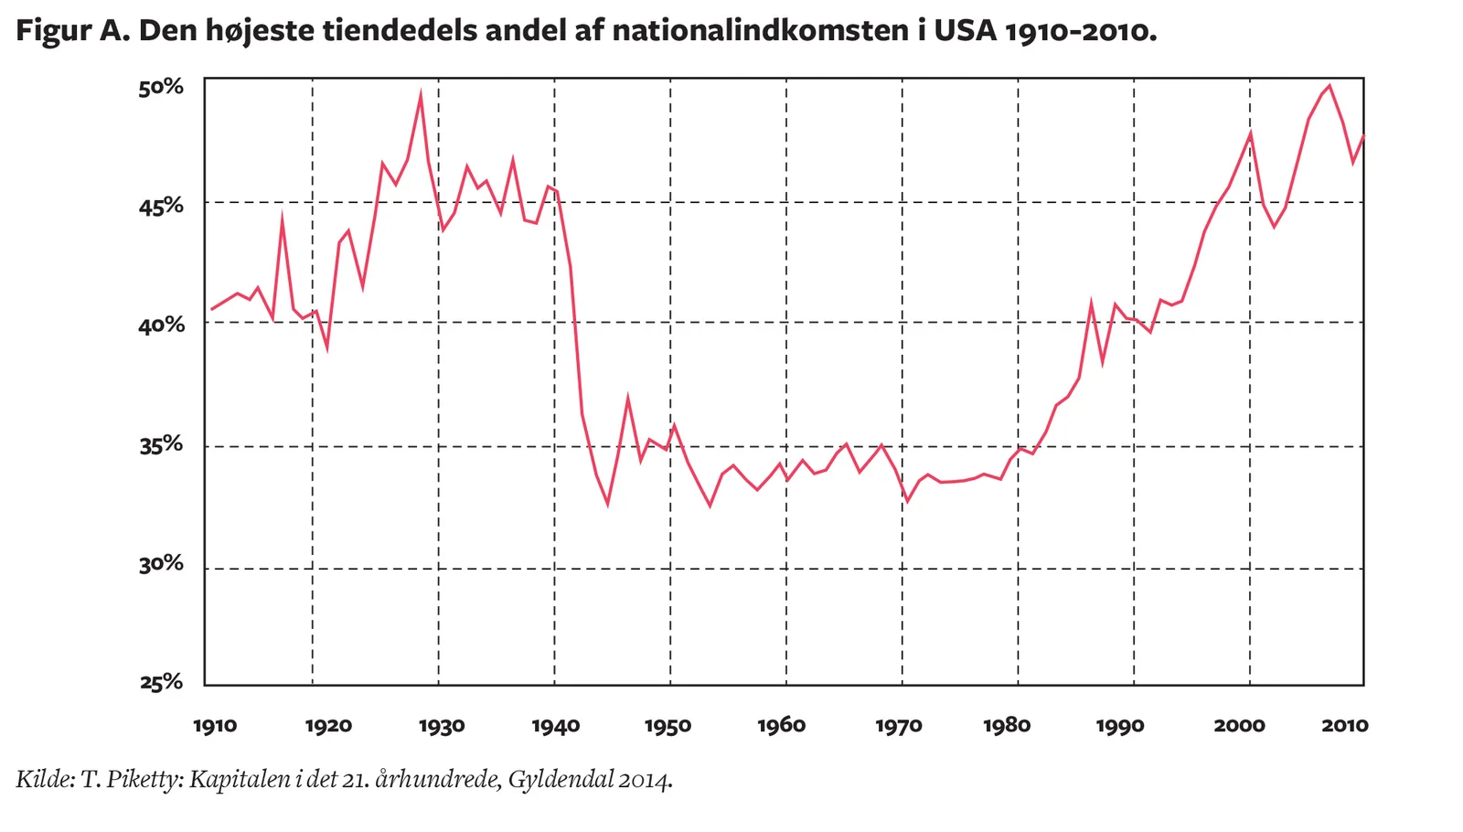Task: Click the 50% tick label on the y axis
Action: click(162, 87)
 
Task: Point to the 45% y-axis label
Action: click(162, 206)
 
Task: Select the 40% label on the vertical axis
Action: click(162, 325)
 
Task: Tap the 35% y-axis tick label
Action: click(162, 445)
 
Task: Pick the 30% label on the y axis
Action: click(162, 564)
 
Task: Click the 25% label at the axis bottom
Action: click(162, 682)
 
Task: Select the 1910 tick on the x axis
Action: click(215, 726)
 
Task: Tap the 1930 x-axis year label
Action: click(442, 726)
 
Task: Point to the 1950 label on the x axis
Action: click(667, 726)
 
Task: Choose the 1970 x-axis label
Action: click(898, 726)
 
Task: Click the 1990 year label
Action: click(1120, 726)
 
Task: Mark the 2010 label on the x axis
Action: click(1344, 726)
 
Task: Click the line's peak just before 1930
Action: click(420, 93)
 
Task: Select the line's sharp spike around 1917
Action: click(283, 218)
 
